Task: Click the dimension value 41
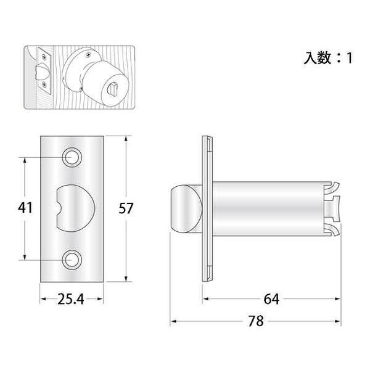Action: (25, 208)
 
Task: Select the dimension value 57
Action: (126, 208)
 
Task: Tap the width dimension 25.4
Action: (71, 299)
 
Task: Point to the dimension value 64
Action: (271, 299)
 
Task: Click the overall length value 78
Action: (256, 321)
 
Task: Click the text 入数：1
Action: (328, 58)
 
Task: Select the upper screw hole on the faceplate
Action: (72, 157)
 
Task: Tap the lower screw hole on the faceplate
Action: (72, 260)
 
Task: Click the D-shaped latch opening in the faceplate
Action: (75, 208)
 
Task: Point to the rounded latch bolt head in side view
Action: (186, 209)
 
